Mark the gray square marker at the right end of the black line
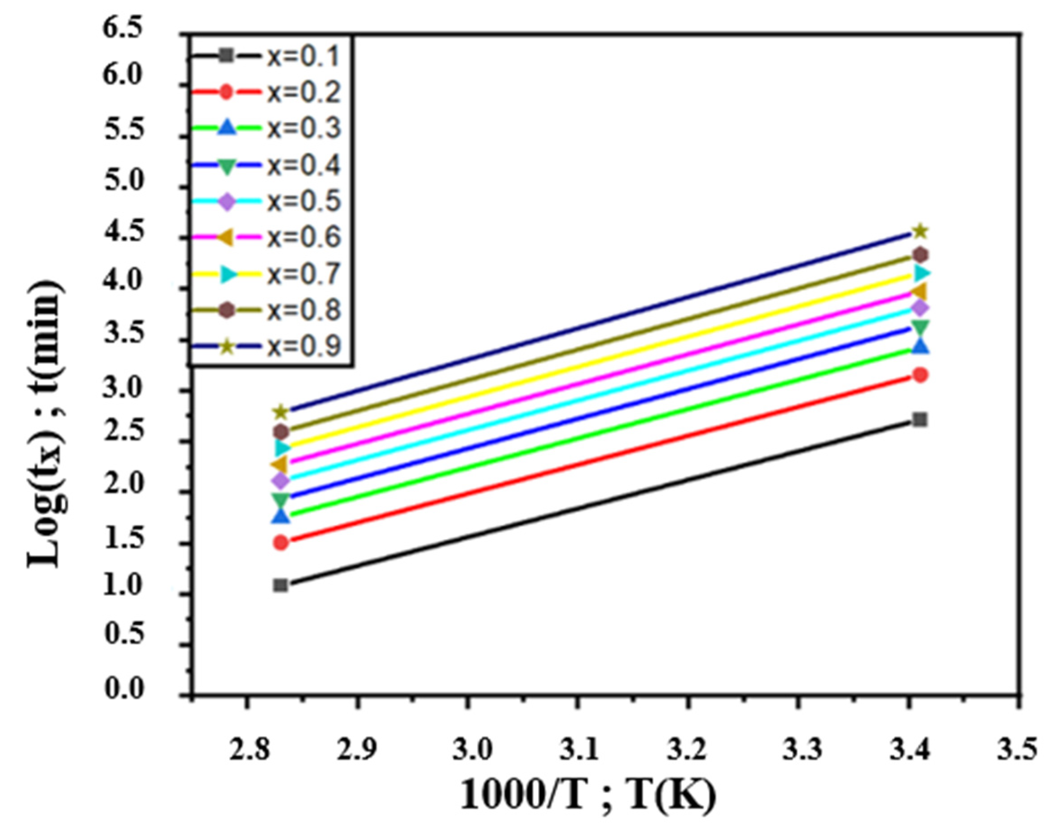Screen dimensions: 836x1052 click(920, 420)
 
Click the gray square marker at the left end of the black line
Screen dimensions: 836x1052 click(281, 585)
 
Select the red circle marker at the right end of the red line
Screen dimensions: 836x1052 click(920, 375)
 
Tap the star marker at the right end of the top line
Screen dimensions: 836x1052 click(920, 231)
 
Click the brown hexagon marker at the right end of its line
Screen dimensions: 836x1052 click(920, 254)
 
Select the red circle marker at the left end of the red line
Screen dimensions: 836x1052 click(281, 542)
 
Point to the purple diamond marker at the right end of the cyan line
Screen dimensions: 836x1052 click(920, 308)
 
